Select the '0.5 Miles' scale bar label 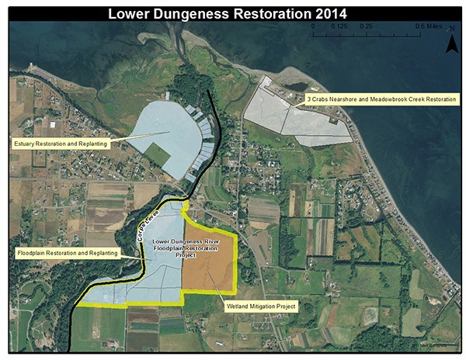429,26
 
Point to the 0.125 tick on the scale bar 339,26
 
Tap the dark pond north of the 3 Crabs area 296,86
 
